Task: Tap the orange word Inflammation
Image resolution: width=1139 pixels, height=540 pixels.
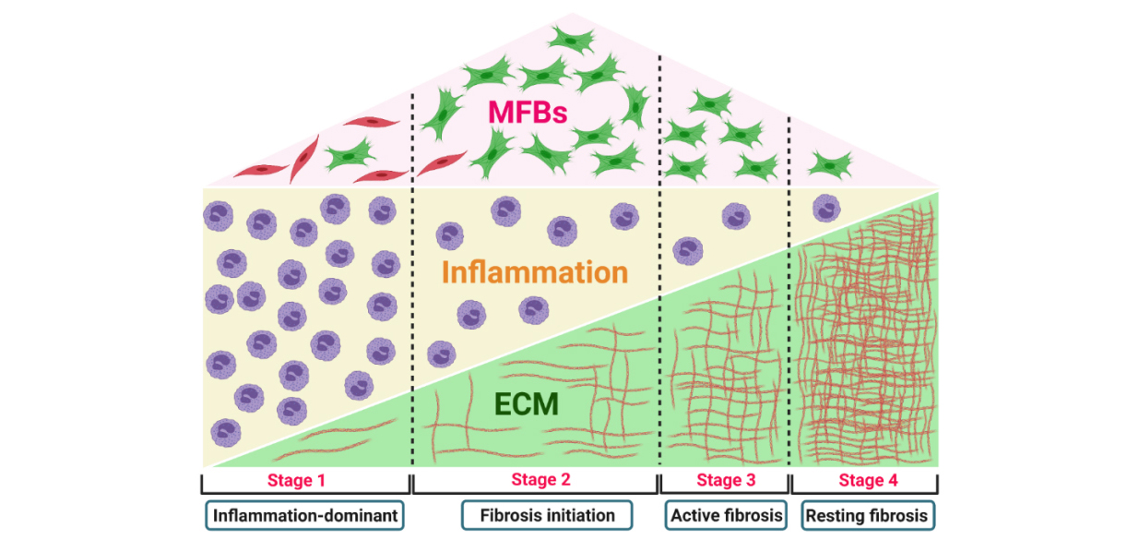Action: point(535,272)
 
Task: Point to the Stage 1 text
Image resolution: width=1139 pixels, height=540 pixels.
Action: point(296,480)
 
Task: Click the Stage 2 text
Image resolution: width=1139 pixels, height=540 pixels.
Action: point(540,479)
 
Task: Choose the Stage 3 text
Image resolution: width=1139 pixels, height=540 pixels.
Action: point(726,480)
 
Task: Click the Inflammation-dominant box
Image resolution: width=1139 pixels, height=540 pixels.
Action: point(305,515)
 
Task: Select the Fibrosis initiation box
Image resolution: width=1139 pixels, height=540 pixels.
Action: point(546,515)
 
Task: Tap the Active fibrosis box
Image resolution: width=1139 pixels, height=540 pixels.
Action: point(725,515)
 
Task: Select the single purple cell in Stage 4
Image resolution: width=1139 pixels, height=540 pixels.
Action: point(825,208)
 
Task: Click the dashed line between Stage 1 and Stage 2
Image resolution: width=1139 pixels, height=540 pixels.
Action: point(411,277)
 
